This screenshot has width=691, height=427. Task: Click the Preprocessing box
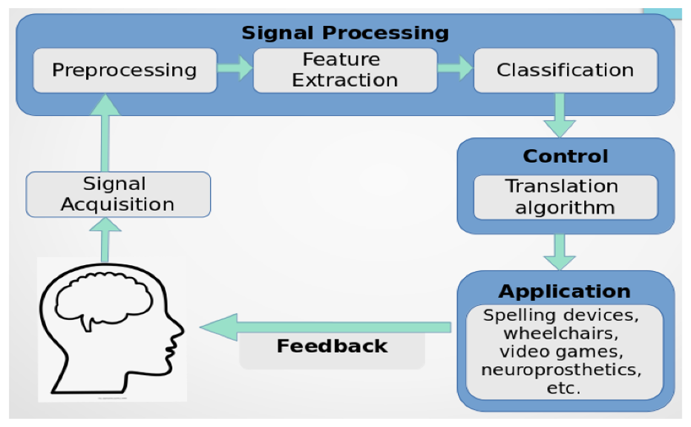tap(125, 71)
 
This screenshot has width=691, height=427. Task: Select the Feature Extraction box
tap(345, 71)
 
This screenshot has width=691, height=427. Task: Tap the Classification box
tap(566, 71)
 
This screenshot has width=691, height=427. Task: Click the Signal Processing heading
tap(345, 33)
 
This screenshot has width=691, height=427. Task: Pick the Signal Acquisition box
tap(118, 195)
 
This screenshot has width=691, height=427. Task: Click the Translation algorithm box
tap(566, 198)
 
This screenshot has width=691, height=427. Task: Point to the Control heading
tap(566, 156)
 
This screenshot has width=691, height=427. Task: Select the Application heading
tap(565, 292)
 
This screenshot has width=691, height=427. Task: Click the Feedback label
tap(332, 346)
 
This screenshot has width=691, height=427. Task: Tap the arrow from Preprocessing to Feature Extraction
tap(235, 68)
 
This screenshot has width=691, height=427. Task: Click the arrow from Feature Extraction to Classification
tap(455, 68)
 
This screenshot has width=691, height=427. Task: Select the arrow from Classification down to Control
tap(560, 116)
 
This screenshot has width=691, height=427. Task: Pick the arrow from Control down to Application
tap(560, 252)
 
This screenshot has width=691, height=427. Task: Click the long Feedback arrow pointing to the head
tap(325, 327)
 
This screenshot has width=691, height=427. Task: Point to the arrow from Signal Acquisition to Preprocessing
tap(105, 133)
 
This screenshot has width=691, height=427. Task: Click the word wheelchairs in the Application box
tap(561, 333)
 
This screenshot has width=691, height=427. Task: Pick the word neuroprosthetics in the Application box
tap(561, 370)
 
